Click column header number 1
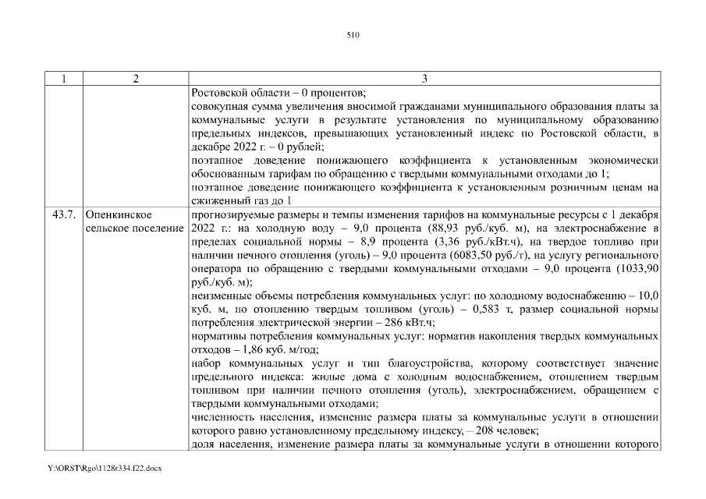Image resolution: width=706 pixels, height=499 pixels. (63, 78)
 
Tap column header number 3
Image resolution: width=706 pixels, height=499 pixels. (424, 78)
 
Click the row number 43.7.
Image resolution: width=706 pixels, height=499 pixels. (63, 214)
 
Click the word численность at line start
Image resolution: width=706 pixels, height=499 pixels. (221, 416)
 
